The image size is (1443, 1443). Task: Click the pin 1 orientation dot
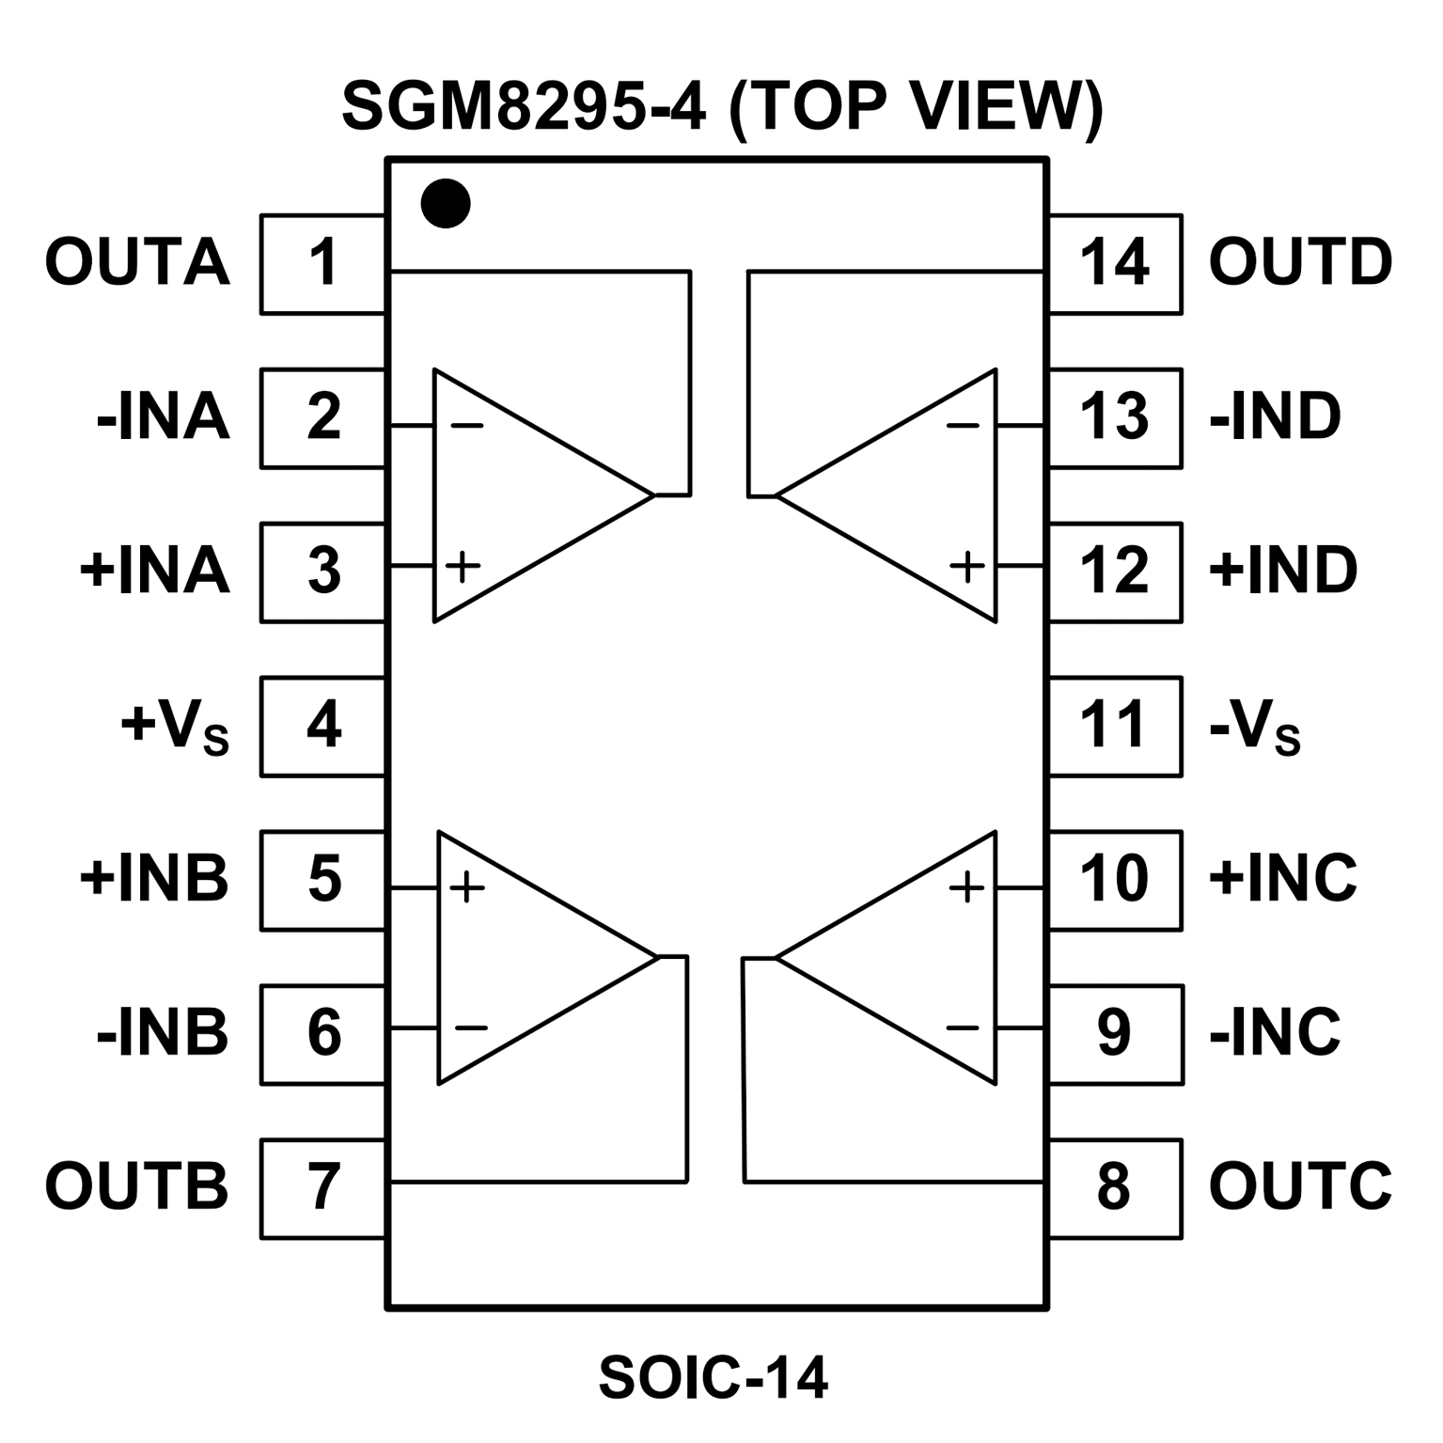tap(445, 203)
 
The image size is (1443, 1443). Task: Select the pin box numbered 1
tap(322, 263)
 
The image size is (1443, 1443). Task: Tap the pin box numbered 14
tap(1115, 263)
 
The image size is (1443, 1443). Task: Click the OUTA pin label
tap(137, 262)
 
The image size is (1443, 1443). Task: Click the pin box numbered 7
tap(322, 1187)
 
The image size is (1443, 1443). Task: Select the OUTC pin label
tap(1299, 1186)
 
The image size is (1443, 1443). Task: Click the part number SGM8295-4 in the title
tap(523, 106)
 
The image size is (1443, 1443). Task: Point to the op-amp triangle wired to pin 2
tap(526, 494)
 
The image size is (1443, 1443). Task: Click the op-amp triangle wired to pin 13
tap(902, 494)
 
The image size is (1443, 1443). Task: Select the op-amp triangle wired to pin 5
tap(531, 957)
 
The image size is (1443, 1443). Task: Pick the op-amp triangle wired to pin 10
tap(902, 957)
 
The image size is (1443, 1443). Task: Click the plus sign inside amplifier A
tap(463, 566)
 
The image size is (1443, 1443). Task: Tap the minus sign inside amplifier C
tap(963, 1027)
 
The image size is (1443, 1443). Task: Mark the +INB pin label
tap(154, 879)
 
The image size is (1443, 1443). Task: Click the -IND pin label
tap(1275, 416)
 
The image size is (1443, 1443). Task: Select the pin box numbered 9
tap(1115, 1033)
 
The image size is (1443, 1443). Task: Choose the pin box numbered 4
tap(322, 726)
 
